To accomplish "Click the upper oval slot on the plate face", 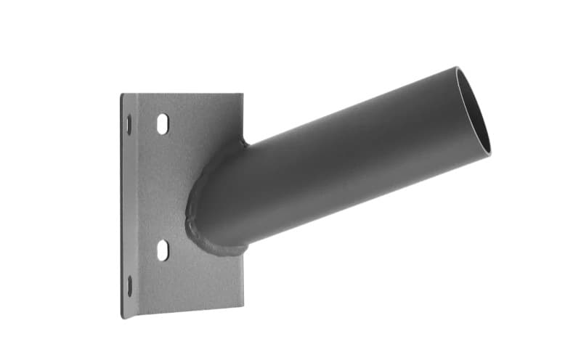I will point(163,124).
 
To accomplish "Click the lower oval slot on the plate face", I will point(163,250).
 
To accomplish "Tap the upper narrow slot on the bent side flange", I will point(129,125).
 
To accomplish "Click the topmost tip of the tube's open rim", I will point(458,67).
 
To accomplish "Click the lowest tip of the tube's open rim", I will point(489,154).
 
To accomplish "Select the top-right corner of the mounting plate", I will point(242,94).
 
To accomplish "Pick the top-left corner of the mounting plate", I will point(121,94).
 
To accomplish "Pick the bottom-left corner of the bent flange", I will point(122,318).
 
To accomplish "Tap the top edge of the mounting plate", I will point(182,94).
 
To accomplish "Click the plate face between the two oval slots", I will point(163,187).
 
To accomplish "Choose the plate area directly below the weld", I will point(218,283).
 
